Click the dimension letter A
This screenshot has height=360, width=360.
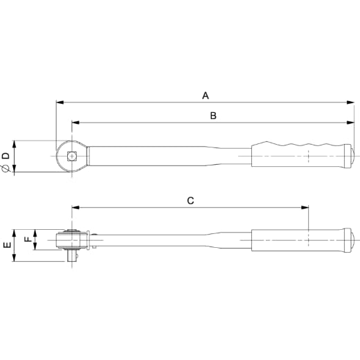point(206,96)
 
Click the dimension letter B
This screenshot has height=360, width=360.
point(213,116)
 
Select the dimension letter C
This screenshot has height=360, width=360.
point(190,201)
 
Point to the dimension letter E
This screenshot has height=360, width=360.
point(8,244)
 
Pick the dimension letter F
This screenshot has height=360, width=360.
point(28,238)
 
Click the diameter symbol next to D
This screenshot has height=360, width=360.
point(6,169)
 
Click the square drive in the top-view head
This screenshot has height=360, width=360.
point(72,156)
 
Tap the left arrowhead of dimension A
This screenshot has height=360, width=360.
point(60,102)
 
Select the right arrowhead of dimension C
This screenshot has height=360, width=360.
point(305,208)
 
